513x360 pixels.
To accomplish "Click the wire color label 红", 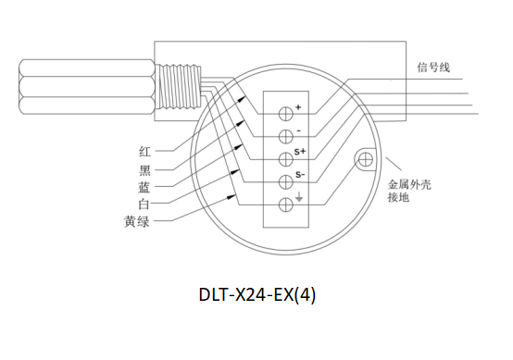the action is point(144,152).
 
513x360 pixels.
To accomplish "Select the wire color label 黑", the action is point(144,170).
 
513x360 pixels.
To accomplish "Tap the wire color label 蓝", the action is point(144,187).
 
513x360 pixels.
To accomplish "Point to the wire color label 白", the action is point(144,204).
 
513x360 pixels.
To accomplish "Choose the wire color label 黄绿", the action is point(137,221).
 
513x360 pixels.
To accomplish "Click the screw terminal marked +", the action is point(285,114).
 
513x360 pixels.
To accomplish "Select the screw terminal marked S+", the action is point(285,159).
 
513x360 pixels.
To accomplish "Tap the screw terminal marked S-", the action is point(285,182).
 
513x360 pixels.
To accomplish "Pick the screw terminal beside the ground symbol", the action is point(285,205).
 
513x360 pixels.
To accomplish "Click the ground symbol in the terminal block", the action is point(299,198).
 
